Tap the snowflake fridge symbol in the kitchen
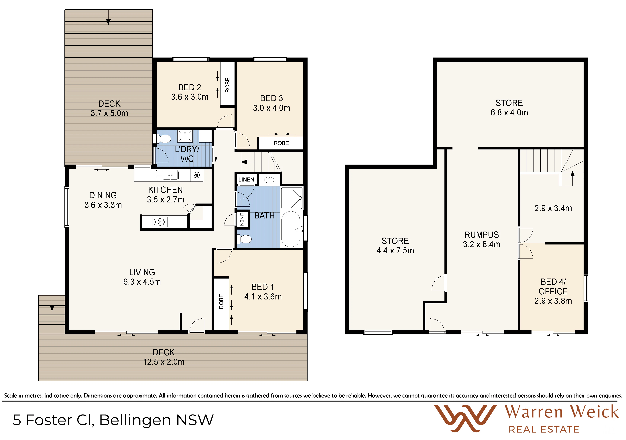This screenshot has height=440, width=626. tap(197, 175)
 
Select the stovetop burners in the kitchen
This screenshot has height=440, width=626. tap(160, 222)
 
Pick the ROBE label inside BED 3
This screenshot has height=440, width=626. tap(281, 143)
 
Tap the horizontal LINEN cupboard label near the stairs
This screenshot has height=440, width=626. tap(246, 179)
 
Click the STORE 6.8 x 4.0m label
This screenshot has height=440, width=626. tap(509, 108)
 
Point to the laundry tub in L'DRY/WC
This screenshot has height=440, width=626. tap(185, 135)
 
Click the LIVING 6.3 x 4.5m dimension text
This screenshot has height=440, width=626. tap(142, 282)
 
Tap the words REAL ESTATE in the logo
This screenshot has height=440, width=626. tap(544, 430)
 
